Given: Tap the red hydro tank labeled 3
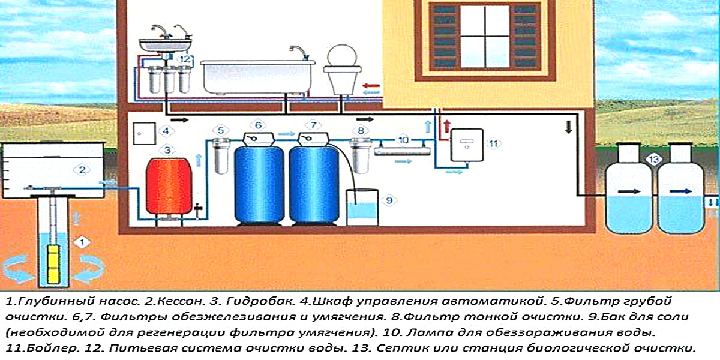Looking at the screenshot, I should tap(168, 185).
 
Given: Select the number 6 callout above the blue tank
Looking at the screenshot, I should tap(258, 125).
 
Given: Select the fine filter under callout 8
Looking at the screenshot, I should tap(360, 155).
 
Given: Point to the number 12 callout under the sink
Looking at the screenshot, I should tap(185, 59).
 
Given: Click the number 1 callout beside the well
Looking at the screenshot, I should tap(83, 242).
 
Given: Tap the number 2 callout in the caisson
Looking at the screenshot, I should tap(83, 170).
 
